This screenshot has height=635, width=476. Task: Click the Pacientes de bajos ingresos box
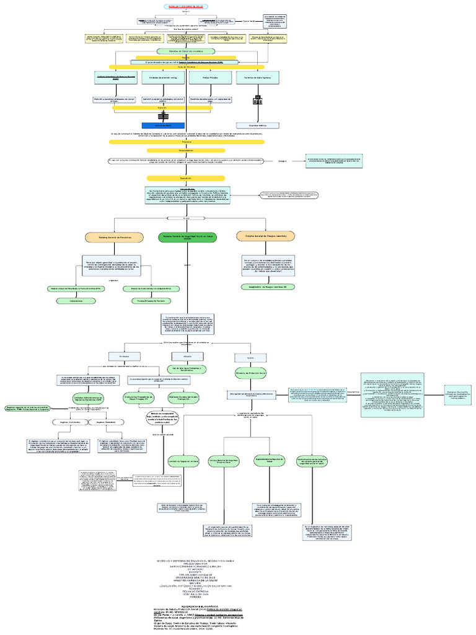coord(256,78)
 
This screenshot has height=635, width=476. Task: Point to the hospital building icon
coord(257,99)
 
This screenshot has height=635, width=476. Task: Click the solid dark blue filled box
coord(163,125)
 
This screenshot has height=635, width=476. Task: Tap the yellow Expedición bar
coord(186,178)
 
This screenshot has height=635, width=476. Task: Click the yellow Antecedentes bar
coord(186,150)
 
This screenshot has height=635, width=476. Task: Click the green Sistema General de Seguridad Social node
coord(186,237)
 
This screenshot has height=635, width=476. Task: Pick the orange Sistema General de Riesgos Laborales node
coord(265,236)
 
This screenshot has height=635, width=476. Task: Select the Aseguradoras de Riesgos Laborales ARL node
coord(268,286)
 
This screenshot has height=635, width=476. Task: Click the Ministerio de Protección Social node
coord(250,374)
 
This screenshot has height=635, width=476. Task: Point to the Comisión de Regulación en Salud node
coord(183,462)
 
